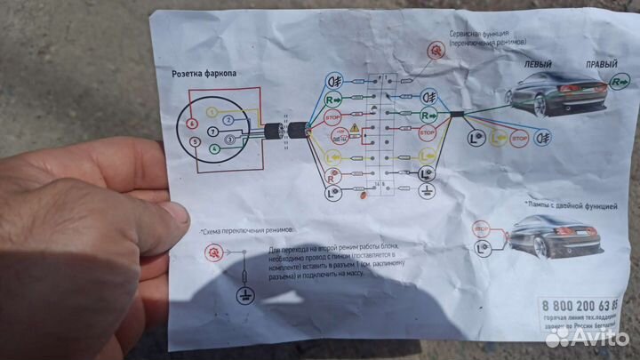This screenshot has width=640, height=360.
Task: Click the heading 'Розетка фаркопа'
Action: point(209,74)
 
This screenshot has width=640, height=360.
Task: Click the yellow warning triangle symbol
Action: point(355,129)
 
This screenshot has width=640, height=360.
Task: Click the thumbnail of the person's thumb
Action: point(173,214)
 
